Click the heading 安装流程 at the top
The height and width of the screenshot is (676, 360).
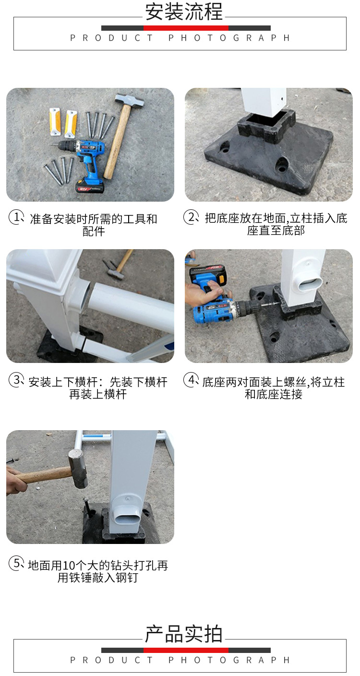coord(184,12)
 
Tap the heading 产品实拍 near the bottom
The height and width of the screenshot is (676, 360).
coord(184,634)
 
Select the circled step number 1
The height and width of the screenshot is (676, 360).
coord(16,217)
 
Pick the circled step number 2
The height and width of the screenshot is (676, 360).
coord(191,217)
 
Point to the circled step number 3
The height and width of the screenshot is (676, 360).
coord(16,380)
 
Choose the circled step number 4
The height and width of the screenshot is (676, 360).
coord(191,380)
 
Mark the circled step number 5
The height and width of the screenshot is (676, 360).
coord(16,563)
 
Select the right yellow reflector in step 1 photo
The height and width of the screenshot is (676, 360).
coord(71,123)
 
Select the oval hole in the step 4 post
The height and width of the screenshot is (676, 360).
coord(311,284)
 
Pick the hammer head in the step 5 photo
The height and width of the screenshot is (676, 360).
coord(77,468)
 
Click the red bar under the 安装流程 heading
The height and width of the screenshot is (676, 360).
coord(186,28)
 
